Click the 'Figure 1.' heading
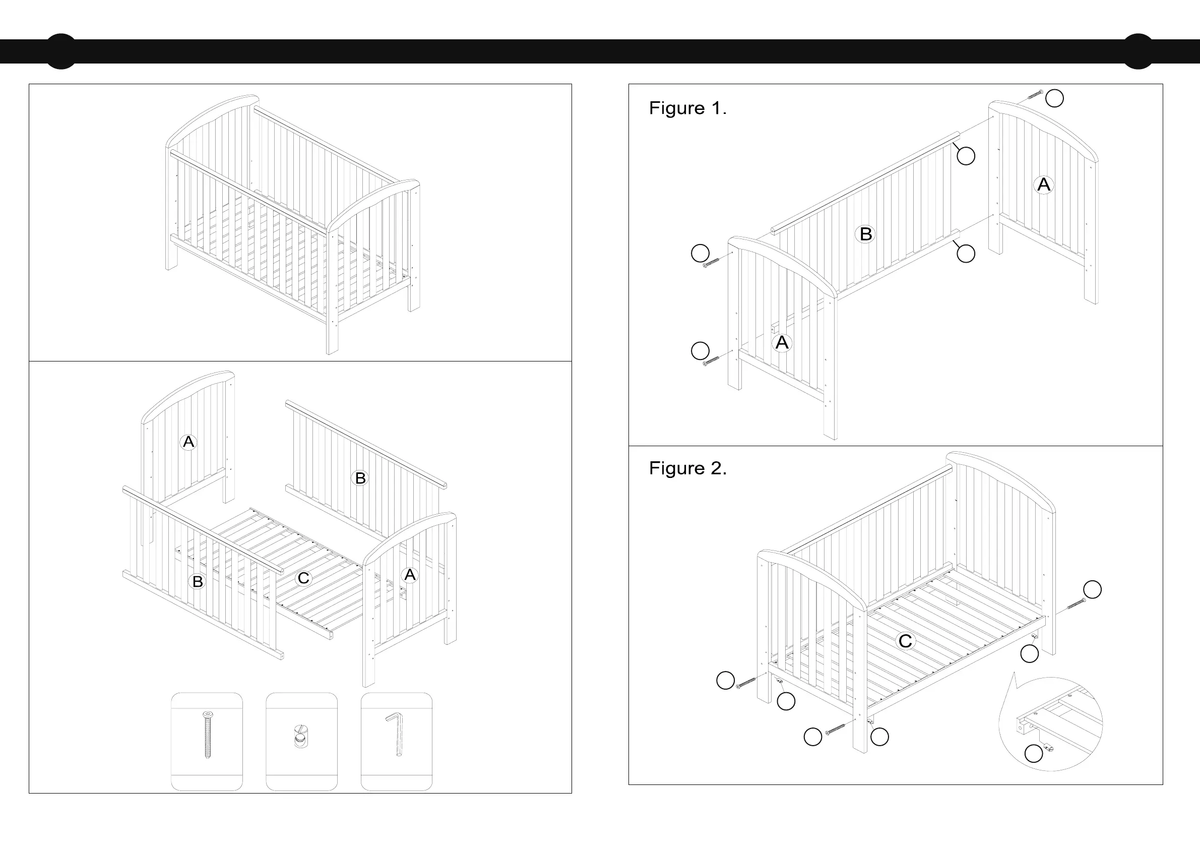pos(687,108)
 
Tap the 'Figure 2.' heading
pos(687,468)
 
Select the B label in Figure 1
pos(865,234)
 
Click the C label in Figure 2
pos(905,641)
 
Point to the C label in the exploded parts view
pos(303,578)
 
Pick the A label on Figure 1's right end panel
pos(1044,185)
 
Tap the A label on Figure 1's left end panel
pos(782,342)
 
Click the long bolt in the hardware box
pos(207,735)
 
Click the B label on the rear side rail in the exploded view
pos(360,478)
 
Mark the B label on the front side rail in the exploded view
pos(198,581)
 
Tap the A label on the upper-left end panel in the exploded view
pos(188,442)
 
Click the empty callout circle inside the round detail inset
pos(1033,753)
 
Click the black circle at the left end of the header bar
pos(61,51)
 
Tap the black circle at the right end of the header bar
pos(1138,51)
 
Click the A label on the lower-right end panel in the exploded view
pos(410,575)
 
